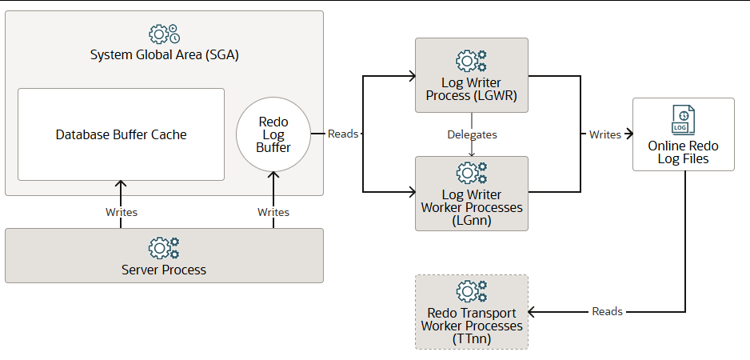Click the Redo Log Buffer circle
pyautogui.click(x=273, y=134)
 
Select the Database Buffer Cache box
pyautogui.click(x=121, y=134)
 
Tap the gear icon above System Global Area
pyautogui.click(x=164, y=34)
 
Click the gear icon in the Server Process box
pyautogui.click(x=164, y=248)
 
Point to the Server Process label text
pyautogui.click(x=164, y=270)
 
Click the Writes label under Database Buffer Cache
pyautogui.click(x=122, y=212)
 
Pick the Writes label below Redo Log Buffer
pyautogui.click(x=273, y=212)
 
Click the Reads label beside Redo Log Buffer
pyautogui.click(x=343, y=134)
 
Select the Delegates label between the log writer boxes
pyautogui.click(x=472, y=134)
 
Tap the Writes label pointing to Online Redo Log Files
pyautogui.click(x=605, y=134)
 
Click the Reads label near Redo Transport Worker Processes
pyautogui.click(x=607, y=310)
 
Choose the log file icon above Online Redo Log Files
pyautogui.click(x=683, y=119)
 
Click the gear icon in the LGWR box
pyautogui.click(x=471, y=61)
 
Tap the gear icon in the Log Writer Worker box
pyautogui.click(x=471, y=173)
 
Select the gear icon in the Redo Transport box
pyautogui.click(x=471, y=291)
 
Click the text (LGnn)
pyautogui.click(x=472, y=219)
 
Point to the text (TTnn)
pyautogui.click(x=472, y=338)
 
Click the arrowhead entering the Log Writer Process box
pyautogui.click(x=411, y=77)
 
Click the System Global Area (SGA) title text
pyautogui.click(x=164, y=56)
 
